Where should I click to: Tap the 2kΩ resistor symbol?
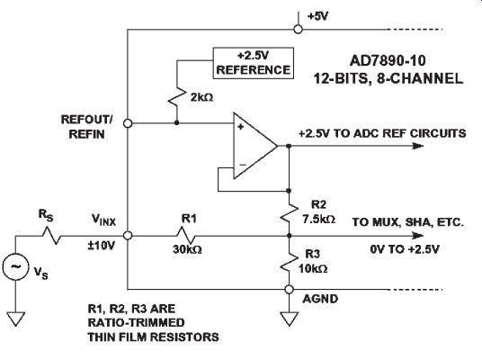click(177, 96)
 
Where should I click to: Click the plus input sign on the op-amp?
click(241, 127)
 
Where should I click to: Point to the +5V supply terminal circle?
click(298, 29)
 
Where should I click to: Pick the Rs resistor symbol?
click(51, 236)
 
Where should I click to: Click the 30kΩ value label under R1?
click(187, 249)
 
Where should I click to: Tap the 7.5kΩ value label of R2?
click(318, 219)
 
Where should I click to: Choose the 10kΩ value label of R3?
click(313, 269)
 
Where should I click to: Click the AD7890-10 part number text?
click(388, 60)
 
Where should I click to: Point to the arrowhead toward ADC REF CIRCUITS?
click(418, 146)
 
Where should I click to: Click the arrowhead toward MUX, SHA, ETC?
click(418, 236)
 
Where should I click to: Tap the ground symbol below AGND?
click(289, 319)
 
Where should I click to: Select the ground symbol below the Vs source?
click(15, 319)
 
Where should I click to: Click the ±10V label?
click(102, 246)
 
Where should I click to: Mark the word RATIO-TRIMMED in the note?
click(136, 322)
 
